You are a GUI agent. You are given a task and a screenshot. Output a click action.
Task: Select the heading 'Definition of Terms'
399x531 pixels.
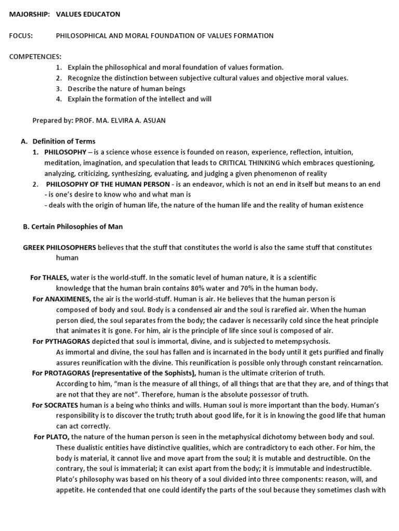click(64, 141)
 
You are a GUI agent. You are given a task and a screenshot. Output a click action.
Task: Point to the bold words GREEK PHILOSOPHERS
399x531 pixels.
click(59, 247)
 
